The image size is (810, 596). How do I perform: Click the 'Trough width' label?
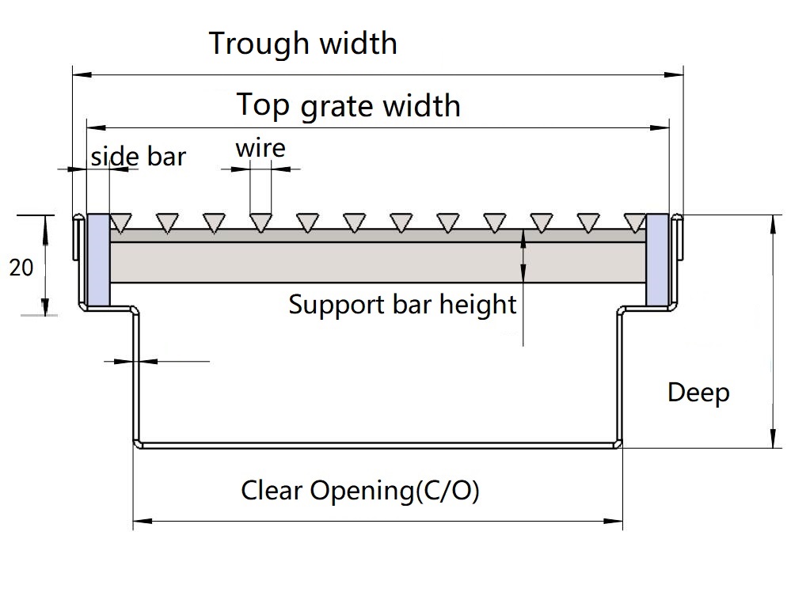click(303, 43)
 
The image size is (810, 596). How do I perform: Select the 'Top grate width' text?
click(348, 106)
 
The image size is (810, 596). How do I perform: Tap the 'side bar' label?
click(138, 157)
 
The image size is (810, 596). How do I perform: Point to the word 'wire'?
click(260, 148)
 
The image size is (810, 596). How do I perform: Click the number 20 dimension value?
click(21, 268)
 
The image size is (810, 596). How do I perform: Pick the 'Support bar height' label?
click(402, 304)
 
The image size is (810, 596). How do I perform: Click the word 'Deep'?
click(698, 393)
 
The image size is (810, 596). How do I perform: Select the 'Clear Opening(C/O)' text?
click(360, 491)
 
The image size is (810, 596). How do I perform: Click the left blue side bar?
click(98, 260)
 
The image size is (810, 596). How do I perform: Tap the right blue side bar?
click(658, 260)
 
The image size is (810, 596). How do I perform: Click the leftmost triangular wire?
click(121, 223)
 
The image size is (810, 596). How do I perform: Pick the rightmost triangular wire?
click(635, 223)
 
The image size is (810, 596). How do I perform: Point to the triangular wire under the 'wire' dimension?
click(260, 223)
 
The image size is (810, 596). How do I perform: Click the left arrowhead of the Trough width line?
click(82, 75)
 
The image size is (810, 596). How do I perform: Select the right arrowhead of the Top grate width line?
click(660, 127)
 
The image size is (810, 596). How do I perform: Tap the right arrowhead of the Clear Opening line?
click(613, 521)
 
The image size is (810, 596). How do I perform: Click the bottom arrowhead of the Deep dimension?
click(773, 438)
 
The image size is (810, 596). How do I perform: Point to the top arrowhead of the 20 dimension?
click(45, 224)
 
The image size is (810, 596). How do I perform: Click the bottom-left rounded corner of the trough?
click(138, 443)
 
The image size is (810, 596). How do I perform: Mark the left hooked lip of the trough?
click(77, 237)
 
